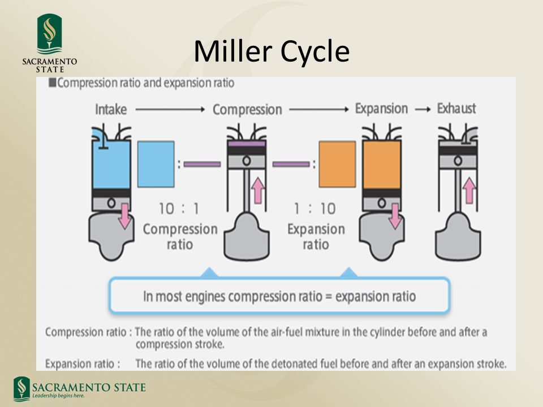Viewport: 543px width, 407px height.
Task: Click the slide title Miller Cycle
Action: pyautogui.click(x=271, y=51)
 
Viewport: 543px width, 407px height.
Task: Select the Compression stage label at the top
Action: pyautogui.click(x=247, y=109)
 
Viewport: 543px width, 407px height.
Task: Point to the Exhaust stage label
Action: pyautogui.click(x=456, y=108)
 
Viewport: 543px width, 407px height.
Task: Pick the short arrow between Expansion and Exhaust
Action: pyautogui.click(x=423, y=109)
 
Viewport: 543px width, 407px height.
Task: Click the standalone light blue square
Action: pyautogui.click(x=156, y=164)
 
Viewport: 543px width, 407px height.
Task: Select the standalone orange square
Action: pyautogui.click(x=337, y=164)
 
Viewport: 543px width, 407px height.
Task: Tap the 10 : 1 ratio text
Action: pyautogui.click(x=179, y=209)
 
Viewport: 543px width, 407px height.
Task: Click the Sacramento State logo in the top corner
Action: pyautogui.click(x=49, y=42)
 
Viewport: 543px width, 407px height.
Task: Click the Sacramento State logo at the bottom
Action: pyautogui.click(x=79, y=389)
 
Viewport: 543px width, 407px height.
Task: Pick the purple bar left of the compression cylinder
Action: pyautogui.click(x=202, y=164)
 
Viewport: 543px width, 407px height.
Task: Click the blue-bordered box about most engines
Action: pyautogui.click(x=279, y=296)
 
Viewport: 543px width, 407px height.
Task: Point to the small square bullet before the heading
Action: pyautogui.click(x=53, y=83)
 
